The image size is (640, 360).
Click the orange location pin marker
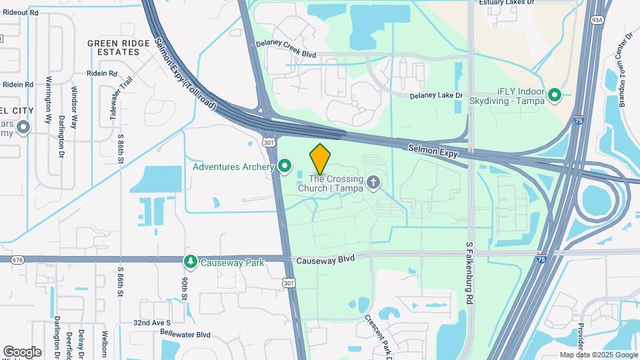(x=320, y=158)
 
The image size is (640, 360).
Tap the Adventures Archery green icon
(x=285, y=166)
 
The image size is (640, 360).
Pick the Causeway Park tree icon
(x=191, y=262)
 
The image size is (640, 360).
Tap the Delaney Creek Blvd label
(x=285, y=49)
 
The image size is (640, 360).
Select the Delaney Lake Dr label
(x=436, y=95)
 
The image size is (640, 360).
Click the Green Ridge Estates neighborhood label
(x=118, y=47)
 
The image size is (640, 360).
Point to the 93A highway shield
(x=596, y=21)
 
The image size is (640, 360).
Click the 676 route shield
(x=17, y=259)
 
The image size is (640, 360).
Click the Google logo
(x=22, y=351)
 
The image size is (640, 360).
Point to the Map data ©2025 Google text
(x=598, y=355)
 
